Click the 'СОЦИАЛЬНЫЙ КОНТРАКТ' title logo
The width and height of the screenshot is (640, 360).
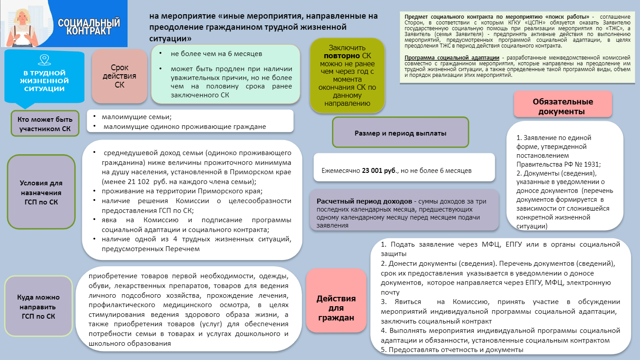pyautogui.click(x=89, y=27)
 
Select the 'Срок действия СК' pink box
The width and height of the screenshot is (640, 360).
pyautogui.click(x=120, y=76)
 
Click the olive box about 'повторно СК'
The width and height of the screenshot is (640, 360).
pyautogui.click(x=347, y=75)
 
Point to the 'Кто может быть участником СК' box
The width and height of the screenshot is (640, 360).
pyautogui.click(x=45, y=124)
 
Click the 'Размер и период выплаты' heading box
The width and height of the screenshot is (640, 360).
pyautogui.click(x=400, y=133)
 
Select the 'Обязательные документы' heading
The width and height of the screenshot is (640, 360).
pyautogui.click(x=563, y=107)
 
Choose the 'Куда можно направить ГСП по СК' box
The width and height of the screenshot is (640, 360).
pyautogui.click(x=38, y=306)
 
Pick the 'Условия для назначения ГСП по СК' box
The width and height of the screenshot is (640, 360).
pyautogui.click(x=41, y=192)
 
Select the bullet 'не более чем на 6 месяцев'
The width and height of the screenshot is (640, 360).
pyautogui.click(x=216, y=54)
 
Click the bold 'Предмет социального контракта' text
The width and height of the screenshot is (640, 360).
pyautogui.click(x=451, y=16)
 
